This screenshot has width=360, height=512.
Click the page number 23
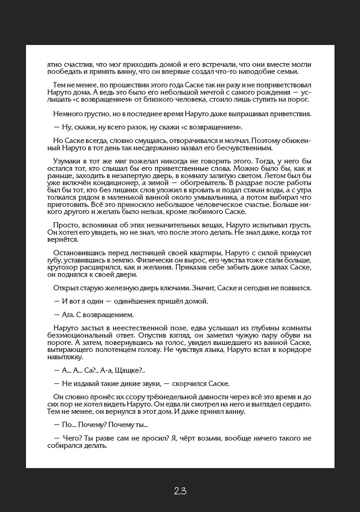(x=180, y=491)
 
